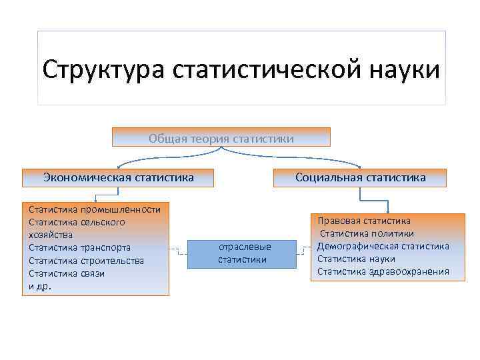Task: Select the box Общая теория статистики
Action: (221, 138)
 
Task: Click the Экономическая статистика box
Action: (119, 177)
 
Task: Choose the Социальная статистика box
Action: (361, 177)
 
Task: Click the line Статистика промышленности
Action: (95, 209)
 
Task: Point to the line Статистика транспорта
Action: (79, 247)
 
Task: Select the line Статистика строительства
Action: (86, 260)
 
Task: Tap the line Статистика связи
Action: (67, 273)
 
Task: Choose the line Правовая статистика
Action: (364, 221)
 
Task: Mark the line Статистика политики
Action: (367, 233)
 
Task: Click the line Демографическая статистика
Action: (383, 246)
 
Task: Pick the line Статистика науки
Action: (356, 259)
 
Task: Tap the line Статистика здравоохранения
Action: (383, 271)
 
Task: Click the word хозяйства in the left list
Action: (50, 235)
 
